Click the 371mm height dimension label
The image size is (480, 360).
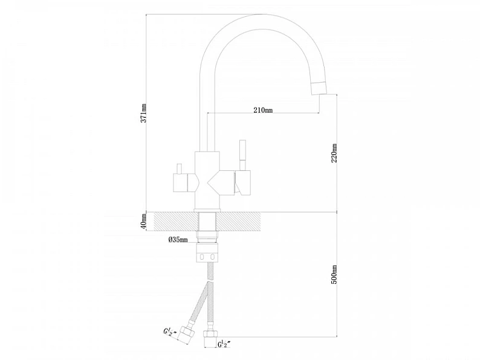click(x=143, y=113)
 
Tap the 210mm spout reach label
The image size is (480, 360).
click(x=263, y=110)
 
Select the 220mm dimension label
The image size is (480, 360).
click(x=334, y=153)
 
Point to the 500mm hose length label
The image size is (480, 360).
click(x=334, y=274)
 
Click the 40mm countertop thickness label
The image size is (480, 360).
click(x=143, y=222)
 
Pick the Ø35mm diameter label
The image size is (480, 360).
click(x=178, y=239)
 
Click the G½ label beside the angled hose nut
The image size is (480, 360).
click(x=169, y=332)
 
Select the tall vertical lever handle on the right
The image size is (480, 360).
click(x=242, y=155)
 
